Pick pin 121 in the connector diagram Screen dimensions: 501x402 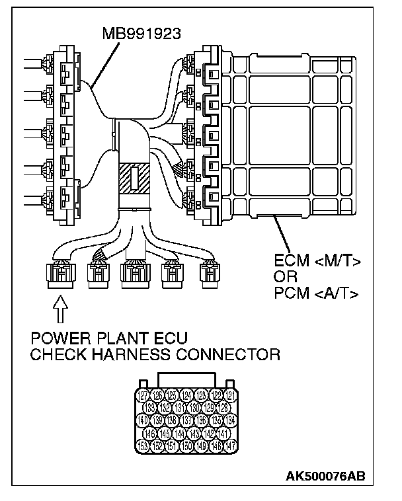(x=229, y=396)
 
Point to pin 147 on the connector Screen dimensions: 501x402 (x=229, y=445)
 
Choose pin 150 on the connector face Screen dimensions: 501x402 (x=187, y=445)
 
